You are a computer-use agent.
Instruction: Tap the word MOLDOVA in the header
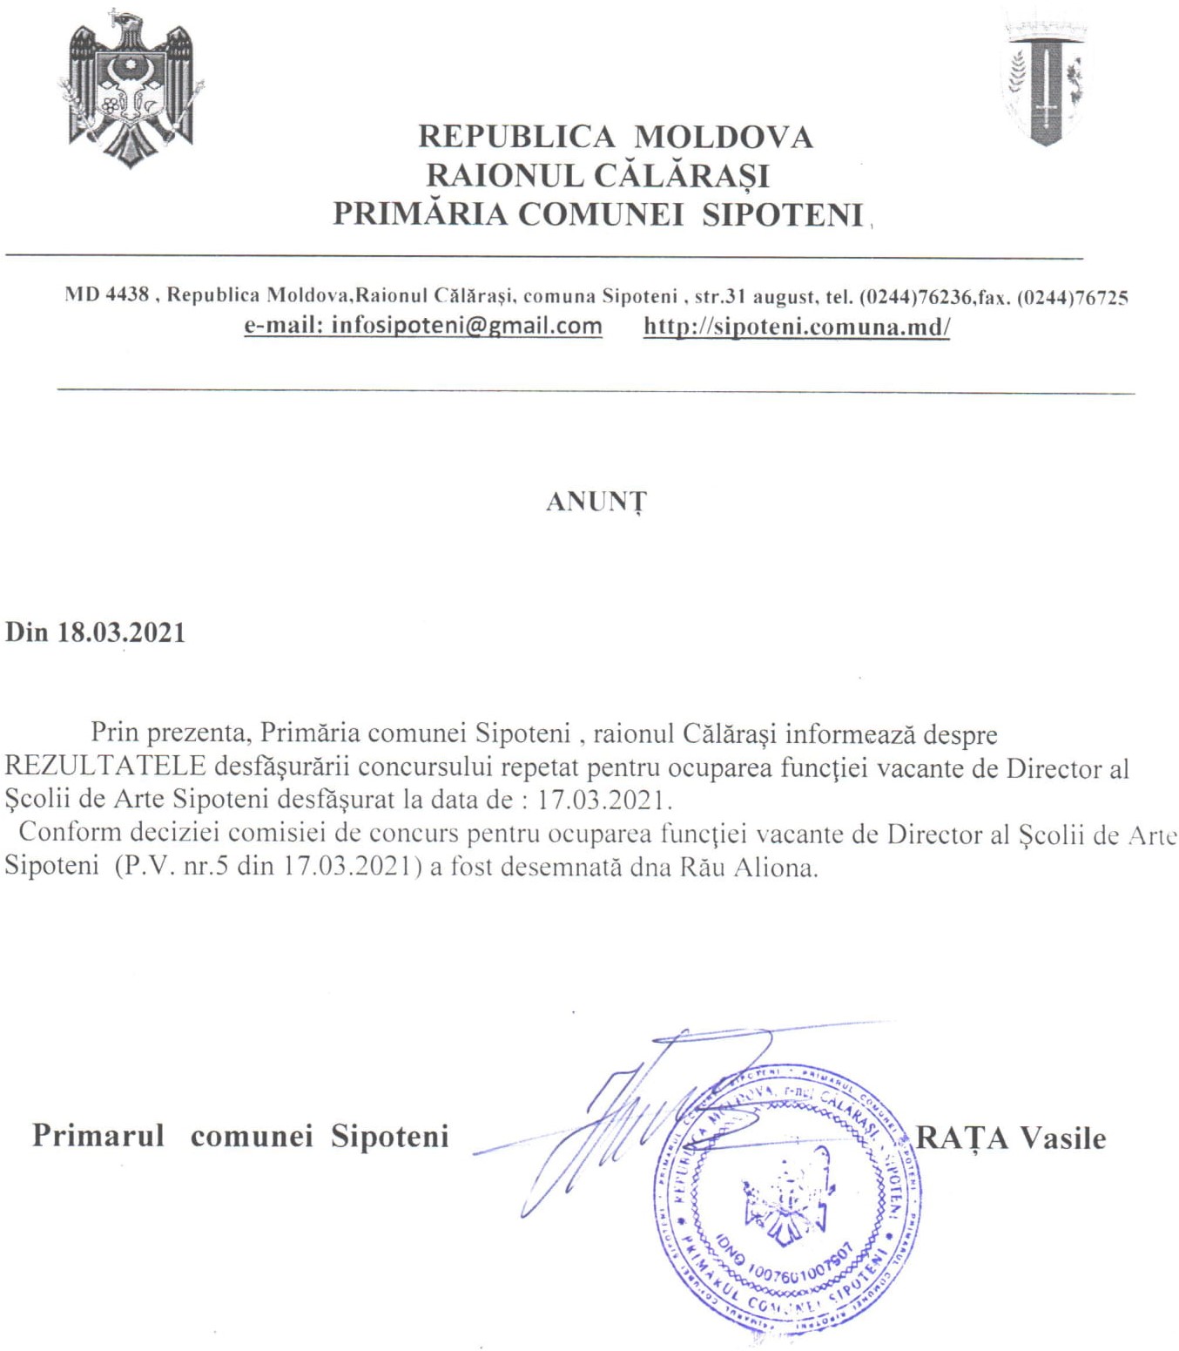(724, 137)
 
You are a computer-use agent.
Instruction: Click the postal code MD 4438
(106, 295)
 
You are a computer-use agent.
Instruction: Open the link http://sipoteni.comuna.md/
(797, 327)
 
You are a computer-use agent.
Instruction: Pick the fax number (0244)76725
(1073, 297)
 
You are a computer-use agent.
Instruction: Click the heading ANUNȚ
(596, 503)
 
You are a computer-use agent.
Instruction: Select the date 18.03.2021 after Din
(122, 632)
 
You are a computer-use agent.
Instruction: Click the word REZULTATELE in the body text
(105, 767)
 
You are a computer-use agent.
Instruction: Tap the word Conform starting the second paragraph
(70, 832)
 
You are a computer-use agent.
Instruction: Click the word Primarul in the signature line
(98, 1136)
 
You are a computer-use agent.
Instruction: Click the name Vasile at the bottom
(1062, 1138)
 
